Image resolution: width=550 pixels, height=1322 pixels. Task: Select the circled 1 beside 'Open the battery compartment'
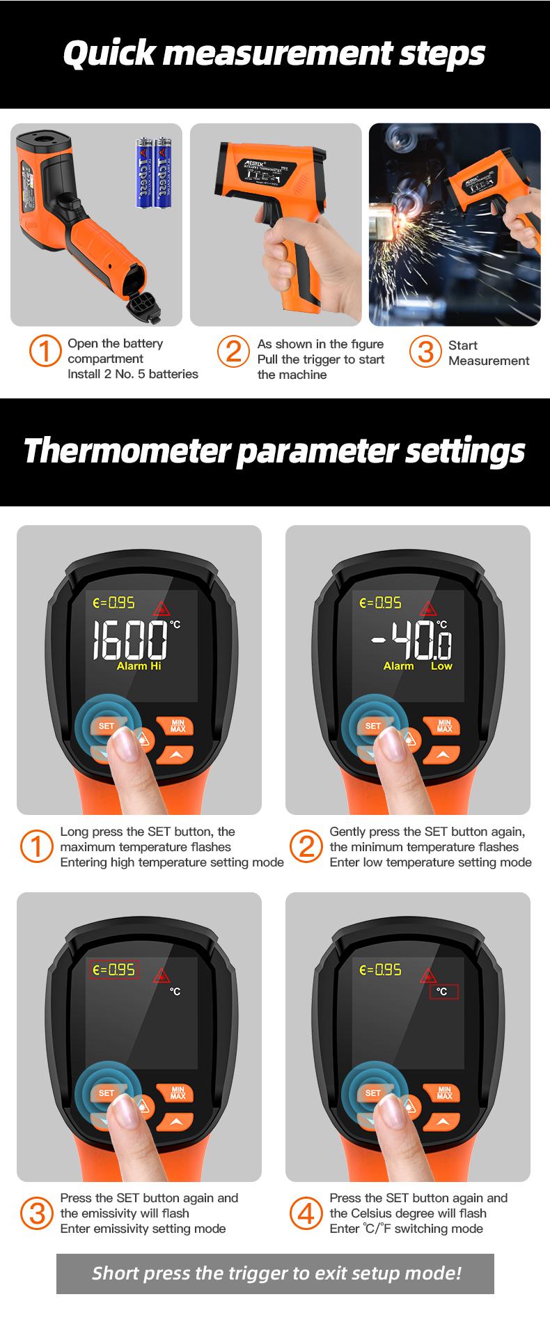pos(45,352)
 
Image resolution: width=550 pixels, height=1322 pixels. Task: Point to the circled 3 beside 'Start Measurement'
pos(424,352)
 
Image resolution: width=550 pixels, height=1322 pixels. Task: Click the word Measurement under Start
pos(489,361)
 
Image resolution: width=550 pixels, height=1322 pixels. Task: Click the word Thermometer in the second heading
pos(126,451)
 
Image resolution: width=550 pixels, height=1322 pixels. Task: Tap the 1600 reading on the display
pos(131,640)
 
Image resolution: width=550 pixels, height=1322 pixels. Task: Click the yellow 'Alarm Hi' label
pos(139,667)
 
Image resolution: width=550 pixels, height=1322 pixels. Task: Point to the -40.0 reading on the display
pos(411,640)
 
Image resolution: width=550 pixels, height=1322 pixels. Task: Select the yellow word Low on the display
pos(441,667)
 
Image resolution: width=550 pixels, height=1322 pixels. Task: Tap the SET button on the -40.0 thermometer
pos(373,726)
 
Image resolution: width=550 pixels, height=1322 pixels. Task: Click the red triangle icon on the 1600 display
pos(162,606)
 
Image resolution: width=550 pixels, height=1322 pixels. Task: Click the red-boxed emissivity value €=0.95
pos(113,970)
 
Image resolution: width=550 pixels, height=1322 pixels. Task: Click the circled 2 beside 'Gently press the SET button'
pos(306,846)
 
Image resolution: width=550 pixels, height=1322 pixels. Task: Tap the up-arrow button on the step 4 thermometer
pos(443,1121)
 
